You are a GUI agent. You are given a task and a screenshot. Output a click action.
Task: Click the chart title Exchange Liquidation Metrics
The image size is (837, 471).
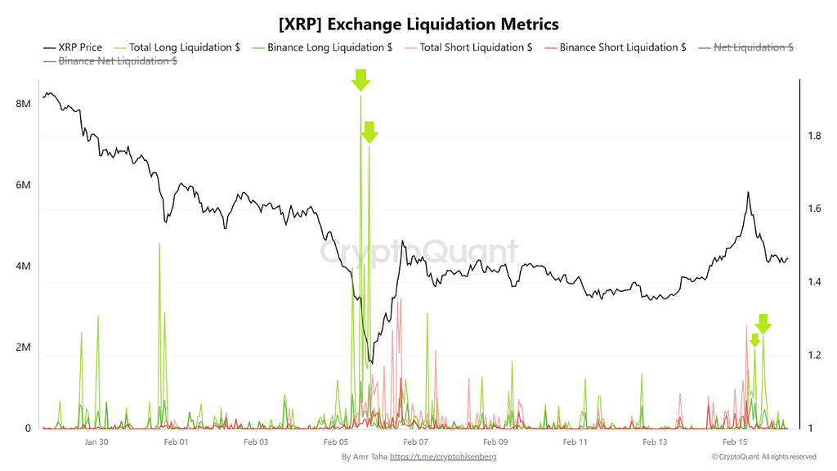click(418, 23)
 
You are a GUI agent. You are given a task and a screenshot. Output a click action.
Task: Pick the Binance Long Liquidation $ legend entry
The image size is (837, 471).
click(320, 47)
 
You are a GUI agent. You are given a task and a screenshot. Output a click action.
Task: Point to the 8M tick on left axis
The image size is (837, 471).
click(23, 105)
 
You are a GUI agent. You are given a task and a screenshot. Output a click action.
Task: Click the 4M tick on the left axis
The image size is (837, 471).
click(23, 267)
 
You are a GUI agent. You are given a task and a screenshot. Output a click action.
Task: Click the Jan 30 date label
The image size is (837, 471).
click(96, 442)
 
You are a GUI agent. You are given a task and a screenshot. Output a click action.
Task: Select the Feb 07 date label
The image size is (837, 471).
click(416, 442)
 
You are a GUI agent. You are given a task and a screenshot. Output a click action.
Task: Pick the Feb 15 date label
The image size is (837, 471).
click(735, 442)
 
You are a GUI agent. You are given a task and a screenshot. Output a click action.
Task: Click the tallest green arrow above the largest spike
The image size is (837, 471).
click(360, 79)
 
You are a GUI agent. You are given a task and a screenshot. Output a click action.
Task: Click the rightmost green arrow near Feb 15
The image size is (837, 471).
click(763, 323)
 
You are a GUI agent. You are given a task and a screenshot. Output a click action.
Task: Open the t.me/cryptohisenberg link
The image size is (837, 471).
click(442, 457)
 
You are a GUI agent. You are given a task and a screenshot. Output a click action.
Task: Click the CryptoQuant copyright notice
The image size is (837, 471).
click(763, 457)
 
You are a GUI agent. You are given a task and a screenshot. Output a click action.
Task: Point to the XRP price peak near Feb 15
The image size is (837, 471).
click(747, 193)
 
